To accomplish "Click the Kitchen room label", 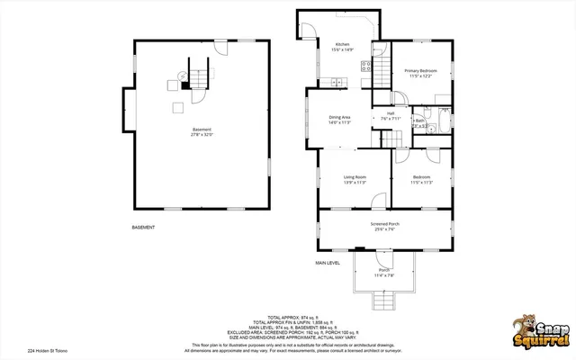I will click(343, 45).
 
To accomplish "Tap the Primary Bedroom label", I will click(420, 70).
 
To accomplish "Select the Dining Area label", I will click(339, 117).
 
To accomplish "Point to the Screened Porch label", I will click(384, 224).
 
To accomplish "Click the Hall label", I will click(391, 113).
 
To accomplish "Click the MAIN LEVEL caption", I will click(327, 263).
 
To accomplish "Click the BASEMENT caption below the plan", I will click(143, 228).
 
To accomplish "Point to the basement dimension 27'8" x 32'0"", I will click(202, 134).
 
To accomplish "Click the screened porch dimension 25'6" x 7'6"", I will click(384, 229).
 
